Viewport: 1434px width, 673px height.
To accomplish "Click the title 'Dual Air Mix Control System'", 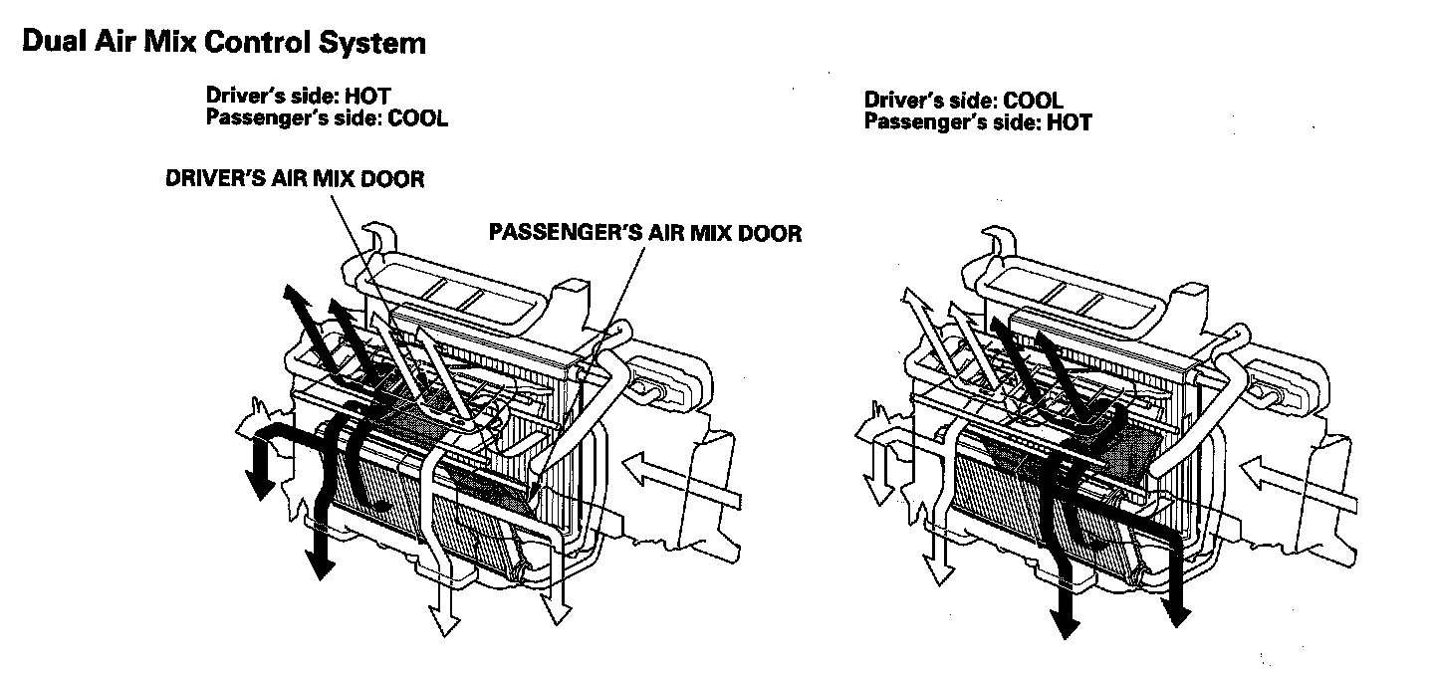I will pos(223,44).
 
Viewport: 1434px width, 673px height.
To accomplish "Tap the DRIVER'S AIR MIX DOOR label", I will pos(295,180).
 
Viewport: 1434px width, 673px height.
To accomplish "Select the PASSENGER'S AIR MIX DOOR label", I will pos(644,233).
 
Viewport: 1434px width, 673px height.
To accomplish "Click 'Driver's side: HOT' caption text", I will pos(298,97).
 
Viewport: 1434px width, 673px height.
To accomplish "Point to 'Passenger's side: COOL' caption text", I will pos(327,117).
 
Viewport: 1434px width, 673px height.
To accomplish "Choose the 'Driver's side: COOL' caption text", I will pos(963,101).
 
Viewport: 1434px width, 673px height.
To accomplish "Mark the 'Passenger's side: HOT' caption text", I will pos(978,122).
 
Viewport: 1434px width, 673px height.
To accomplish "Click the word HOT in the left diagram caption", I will pos(367,97).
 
